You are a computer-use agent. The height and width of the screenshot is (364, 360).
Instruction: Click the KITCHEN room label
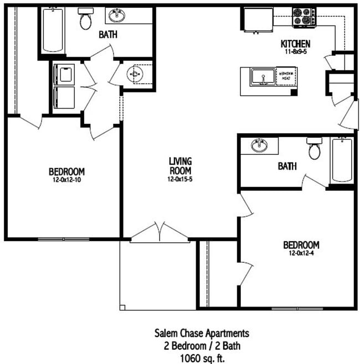295,44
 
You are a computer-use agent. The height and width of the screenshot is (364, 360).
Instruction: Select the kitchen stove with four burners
304,17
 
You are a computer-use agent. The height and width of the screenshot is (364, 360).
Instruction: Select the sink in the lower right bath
259,146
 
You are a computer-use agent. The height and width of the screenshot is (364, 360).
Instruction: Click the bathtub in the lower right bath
341,160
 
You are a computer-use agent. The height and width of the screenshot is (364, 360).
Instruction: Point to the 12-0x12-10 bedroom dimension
66,180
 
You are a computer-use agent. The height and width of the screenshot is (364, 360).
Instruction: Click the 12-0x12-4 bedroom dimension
301,254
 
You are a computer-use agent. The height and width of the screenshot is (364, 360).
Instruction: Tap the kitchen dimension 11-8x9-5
295,51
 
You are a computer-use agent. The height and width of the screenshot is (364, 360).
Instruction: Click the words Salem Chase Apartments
201,333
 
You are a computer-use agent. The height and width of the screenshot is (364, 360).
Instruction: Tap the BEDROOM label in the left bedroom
66,171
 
